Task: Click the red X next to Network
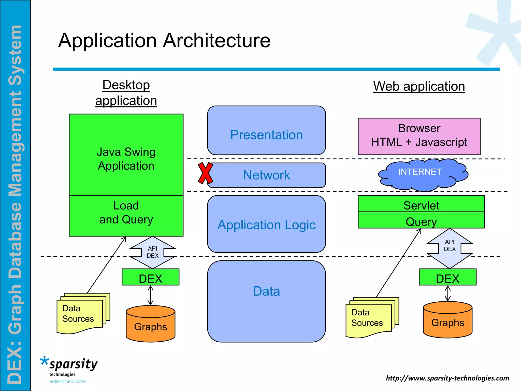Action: point(205,173)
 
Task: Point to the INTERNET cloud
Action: point(422,175)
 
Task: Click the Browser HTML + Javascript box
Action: point(419,136)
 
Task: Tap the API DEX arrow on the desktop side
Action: point(152,252)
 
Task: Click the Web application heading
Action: point(419,86)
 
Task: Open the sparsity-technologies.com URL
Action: point(447,378)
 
